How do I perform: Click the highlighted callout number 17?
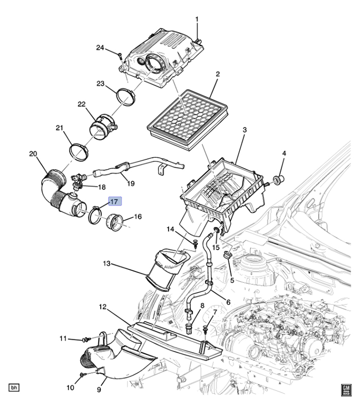tap(114, 202)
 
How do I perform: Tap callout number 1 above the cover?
tap(196, 20)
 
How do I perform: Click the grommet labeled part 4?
tap(280, 179)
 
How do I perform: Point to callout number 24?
tap(100, 48)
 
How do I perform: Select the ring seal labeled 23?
tap(125, 96)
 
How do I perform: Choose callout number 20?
tap(33, 153)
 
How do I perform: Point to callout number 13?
tap(106, 264)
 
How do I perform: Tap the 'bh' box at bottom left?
tap(14, 388)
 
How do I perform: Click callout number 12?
tap(102, 307)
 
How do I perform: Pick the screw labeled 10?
tap(82, 374)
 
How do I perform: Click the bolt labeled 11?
tap(86, 340)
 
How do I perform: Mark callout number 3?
tap(244, 130)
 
